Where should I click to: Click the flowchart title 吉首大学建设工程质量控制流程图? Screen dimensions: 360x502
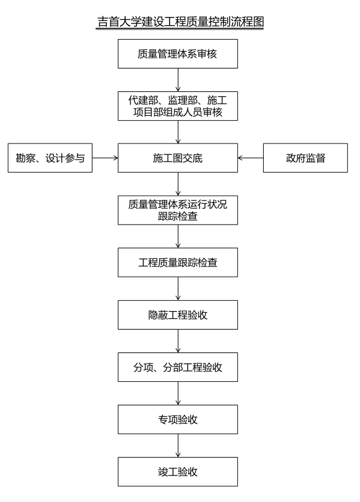[x=180, y=22]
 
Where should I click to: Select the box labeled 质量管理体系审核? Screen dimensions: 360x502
[x=178, y=54]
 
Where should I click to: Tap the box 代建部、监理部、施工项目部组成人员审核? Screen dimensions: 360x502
[x=178, y=106]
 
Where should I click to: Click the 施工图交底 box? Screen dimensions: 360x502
[x=178, y=158]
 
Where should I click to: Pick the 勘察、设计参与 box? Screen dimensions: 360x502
[x=50, y=158]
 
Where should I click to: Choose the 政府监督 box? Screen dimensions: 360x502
[x=305, y=158]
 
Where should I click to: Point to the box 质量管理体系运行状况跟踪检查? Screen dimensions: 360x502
[x=178, y=210]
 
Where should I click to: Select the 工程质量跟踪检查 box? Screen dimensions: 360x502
[x=178, y=262]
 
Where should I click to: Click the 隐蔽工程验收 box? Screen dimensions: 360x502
[x=178, y=315]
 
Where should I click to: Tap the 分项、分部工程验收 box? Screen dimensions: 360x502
[x=178, y=367]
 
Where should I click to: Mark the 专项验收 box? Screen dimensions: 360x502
[x=178, y=419]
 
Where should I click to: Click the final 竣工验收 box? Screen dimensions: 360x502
[x=178, y=471]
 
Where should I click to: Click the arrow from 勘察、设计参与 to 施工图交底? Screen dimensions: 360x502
[x=105, y=158]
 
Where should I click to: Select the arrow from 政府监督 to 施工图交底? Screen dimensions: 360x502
[x=251, y=158]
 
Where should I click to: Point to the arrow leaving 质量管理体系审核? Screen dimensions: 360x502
[x=178, y=80]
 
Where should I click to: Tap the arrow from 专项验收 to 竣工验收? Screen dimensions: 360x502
[x=178, y=446]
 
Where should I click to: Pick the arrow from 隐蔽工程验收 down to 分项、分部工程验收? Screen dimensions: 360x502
[x=178, y=341]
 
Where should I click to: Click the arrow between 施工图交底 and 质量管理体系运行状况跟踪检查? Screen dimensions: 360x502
[x=178, y=184]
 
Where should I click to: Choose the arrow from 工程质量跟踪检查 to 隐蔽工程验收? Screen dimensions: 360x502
[x=178, y=288]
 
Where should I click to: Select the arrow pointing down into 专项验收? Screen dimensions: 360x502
[x=178, y=393]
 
